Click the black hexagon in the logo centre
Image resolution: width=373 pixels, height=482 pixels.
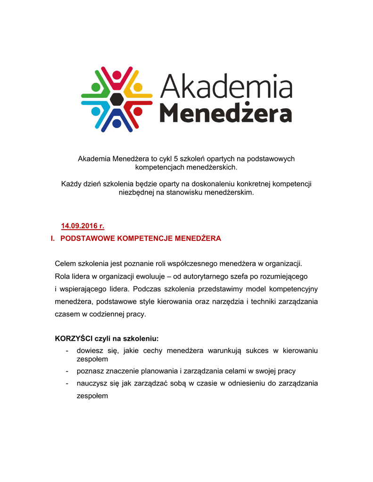(x=116, y=99)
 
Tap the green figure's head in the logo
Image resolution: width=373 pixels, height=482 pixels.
(x=96, y=87)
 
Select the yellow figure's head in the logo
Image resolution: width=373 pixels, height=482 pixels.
(x=138, y=87)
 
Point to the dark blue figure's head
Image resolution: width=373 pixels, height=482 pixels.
(x=116, y=124)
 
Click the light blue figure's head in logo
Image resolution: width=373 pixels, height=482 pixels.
(x=96, y=112)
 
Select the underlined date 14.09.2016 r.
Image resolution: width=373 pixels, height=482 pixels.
(x=83, y=226)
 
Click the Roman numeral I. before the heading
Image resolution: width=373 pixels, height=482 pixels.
(x=53, y=239)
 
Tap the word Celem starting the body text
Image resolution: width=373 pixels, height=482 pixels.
(x=65, y=263)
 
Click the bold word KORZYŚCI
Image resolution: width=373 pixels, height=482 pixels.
(x=74, y=338)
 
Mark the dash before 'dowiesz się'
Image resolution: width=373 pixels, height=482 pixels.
(x=67, y=351)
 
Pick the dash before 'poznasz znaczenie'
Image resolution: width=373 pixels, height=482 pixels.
(x=67, y=371)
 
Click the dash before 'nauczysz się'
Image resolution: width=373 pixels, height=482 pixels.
(x=67, y=384)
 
